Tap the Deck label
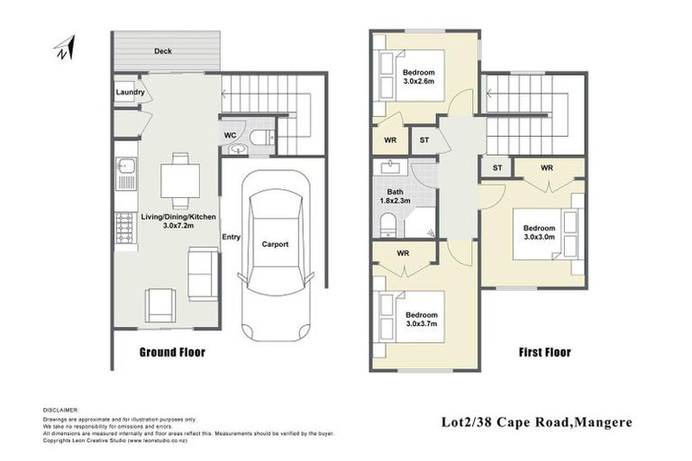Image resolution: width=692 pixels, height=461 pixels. pyautogui.click(x=162, y=51)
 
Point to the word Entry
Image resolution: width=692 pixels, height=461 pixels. pyautogui.click(x=232, y=236)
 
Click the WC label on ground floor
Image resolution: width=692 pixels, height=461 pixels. pyautogui.click(x=230, y=136)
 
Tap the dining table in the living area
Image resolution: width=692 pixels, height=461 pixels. pyautogui.click(x=180, y=180)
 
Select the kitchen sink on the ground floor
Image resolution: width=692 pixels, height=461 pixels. pyautogui.click(x=125, y=167)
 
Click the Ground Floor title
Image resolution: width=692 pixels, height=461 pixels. pyautogui.click(x=171, y=352)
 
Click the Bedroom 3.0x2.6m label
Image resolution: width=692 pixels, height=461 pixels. pyautogui.click(x=419, y=77)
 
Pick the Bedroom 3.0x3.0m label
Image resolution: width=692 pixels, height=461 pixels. pyautogui.click(x=541, y=233)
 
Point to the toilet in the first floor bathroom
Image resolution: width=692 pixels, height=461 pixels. pyautogui.click(x=386, y=223)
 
